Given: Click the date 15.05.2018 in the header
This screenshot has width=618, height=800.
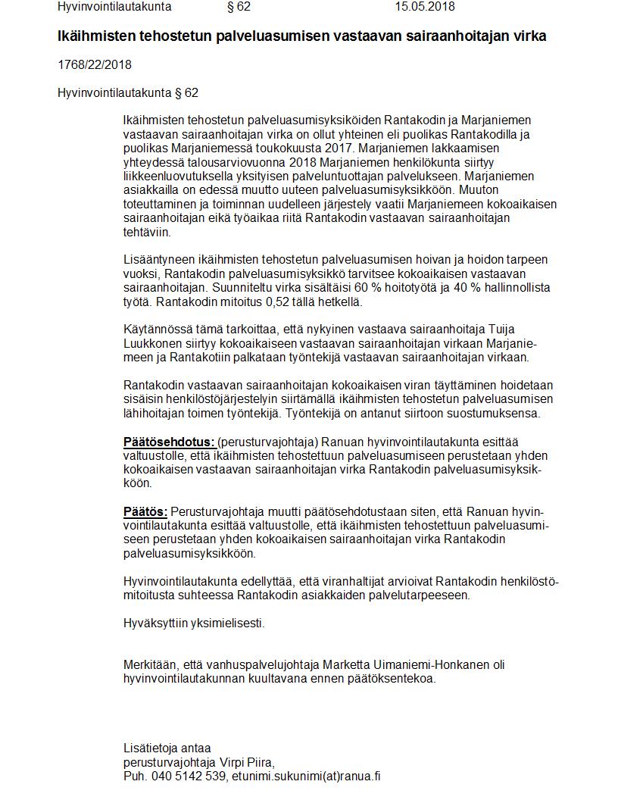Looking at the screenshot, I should (x=424, y=7).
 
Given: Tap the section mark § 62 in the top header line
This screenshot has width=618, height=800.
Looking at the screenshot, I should (x=239, y=7).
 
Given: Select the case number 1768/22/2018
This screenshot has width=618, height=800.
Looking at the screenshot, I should (x=95, y=64).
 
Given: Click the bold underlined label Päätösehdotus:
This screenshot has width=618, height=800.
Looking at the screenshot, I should (x=169, y=442).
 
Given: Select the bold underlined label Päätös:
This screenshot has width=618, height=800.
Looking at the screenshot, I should (x=145, y=511).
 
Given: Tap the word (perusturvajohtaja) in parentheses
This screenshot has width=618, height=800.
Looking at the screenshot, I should (x=264, y=442).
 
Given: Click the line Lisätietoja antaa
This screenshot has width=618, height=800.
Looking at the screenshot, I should (x=167, y=748).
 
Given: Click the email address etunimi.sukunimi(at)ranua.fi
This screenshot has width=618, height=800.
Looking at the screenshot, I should (x=306, y=777).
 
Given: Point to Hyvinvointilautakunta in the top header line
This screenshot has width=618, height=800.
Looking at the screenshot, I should (x=114, y=7).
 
